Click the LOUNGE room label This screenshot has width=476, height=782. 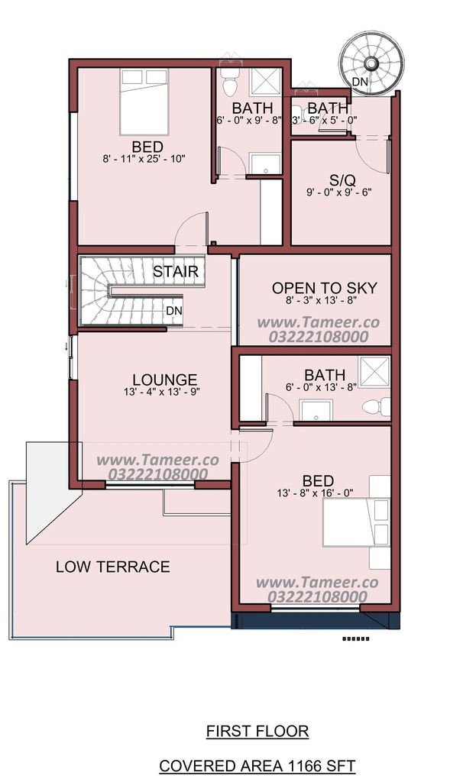click(x=165, y=380)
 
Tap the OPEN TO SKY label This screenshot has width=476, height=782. click(x=324, y=288)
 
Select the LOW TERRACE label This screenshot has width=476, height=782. click(x=113, y=567)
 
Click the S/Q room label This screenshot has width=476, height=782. click(x=343, y=180)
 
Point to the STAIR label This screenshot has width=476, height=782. click(x=176, y=272)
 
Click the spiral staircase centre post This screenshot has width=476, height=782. click(x=371, y=63)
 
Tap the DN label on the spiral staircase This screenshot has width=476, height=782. click(x=360, y=81)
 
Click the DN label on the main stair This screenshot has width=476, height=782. click(x=174, y=311)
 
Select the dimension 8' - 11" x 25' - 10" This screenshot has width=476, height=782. click(x=144, y=159)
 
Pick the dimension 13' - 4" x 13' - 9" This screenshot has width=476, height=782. click(x=162, y=392)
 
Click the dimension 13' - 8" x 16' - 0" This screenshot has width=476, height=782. click(x=316, y=493)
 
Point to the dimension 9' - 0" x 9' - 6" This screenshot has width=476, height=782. click(x=339, y=192)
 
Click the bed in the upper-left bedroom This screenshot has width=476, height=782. click(x=144, y=102)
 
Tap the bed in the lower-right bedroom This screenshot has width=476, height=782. click(x=356, y=522)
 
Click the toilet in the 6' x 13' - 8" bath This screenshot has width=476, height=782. click(x=376, y=406)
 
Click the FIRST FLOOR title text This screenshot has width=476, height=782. click(x=257, y=731)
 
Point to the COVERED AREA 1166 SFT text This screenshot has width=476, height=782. click(x=257, y=765)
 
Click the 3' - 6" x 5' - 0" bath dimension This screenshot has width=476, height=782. click(x=325, y=120)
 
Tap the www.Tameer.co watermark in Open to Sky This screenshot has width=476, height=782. click(x=319, y=322)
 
